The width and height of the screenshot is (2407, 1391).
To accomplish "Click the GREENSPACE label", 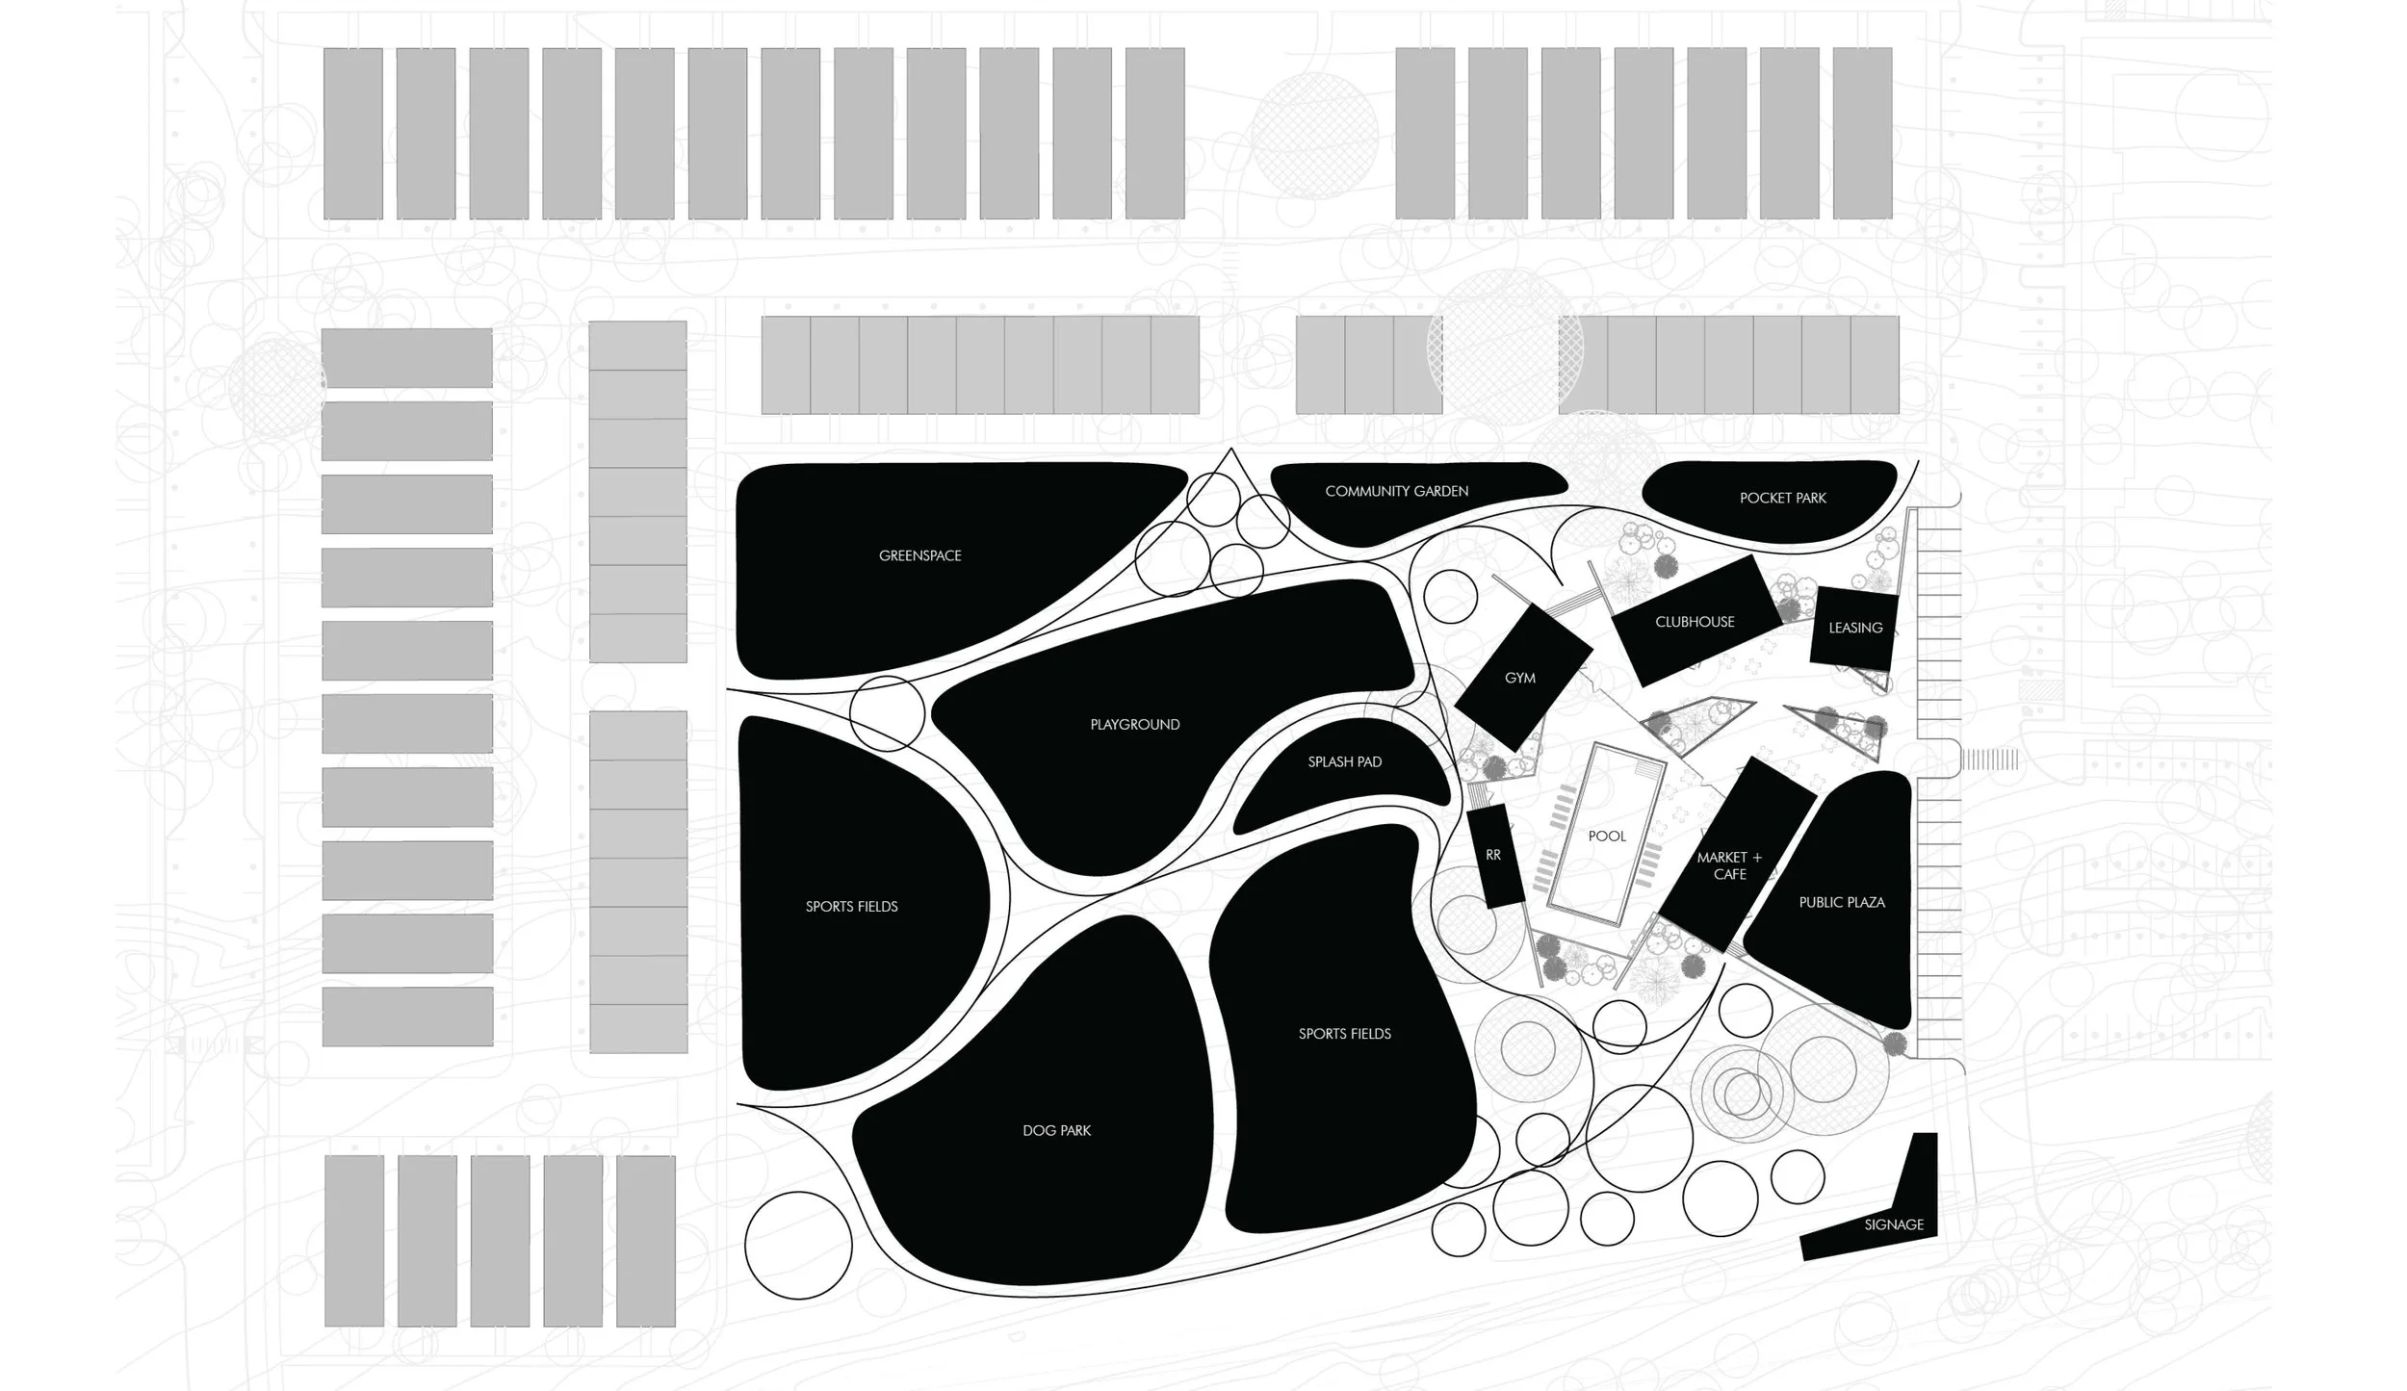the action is pos(919,555).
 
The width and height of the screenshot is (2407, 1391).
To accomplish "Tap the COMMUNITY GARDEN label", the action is pos(1396,491).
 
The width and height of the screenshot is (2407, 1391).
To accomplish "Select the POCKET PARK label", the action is pos(1782,498).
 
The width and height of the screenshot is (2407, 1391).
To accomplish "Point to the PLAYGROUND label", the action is pos(1134,724).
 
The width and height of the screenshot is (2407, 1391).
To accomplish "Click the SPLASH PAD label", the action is pos(1344,761).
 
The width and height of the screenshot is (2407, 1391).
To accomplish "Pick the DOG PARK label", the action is pos(1056,1130).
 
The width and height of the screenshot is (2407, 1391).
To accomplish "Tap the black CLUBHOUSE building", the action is pos(1695,622).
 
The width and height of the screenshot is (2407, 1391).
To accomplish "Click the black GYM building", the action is pos(1519,678).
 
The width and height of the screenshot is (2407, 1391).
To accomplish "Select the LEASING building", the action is pos(1854,628).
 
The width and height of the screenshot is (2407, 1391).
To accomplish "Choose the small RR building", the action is pos(1492,855).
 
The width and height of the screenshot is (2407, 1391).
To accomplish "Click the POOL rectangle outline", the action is pos(1606,836).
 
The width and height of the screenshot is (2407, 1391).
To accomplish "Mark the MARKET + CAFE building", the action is pos(1729,864).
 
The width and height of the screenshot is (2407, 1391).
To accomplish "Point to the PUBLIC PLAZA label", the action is pos(1841,902).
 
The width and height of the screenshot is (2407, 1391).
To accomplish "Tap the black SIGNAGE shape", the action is pos(1893,1224).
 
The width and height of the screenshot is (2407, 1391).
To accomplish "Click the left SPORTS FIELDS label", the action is pos(851,906).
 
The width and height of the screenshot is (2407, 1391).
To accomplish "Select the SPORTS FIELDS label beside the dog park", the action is pos(1344,1034).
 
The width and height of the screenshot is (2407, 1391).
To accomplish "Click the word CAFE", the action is pos(1729,874).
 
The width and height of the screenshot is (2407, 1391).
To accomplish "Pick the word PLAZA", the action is pos(1865,902).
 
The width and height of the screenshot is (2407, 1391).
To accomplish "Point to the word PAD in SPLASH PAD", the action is pos(1368,761).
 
